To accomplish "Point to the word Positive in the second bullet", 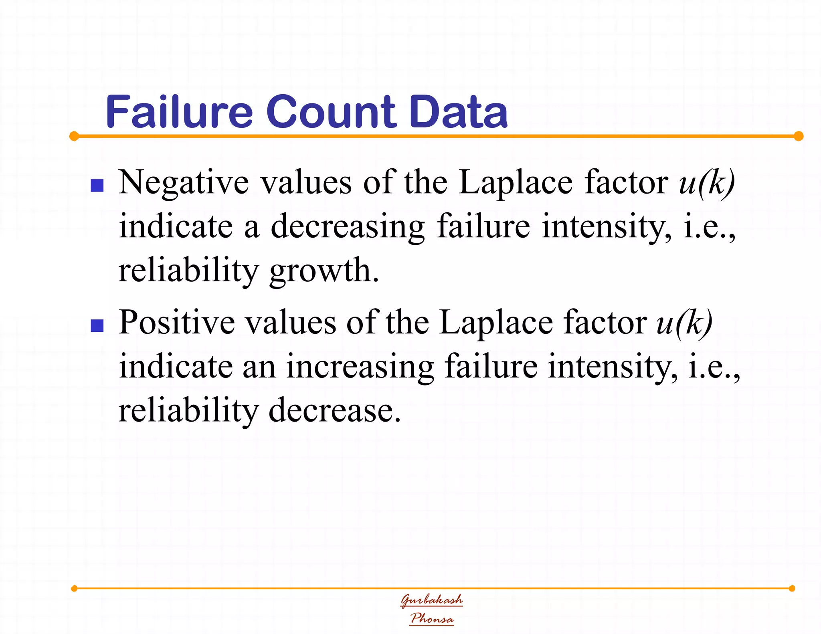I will (176, 323).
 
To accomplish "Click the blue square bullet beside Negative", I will (97, 186).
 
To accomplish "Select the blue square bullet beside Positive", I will (97, 326).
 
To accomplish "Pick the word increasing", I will (360, 367).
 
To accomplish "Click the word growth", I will (324, 271).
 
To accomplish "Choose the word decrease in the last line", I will (334, 411).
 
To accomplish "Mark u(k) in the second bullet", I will (684, 323).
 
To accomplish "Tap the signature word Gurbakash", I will (432, 600).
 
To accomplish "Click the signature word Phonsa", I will (432, 618).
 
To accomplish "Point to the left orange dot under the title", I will (74, 136).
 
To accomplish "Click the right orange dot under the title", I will (799, 136).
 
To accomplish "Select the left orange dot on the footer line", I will (74, 588).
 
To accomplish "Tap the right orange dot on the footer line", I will (792, 588).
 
